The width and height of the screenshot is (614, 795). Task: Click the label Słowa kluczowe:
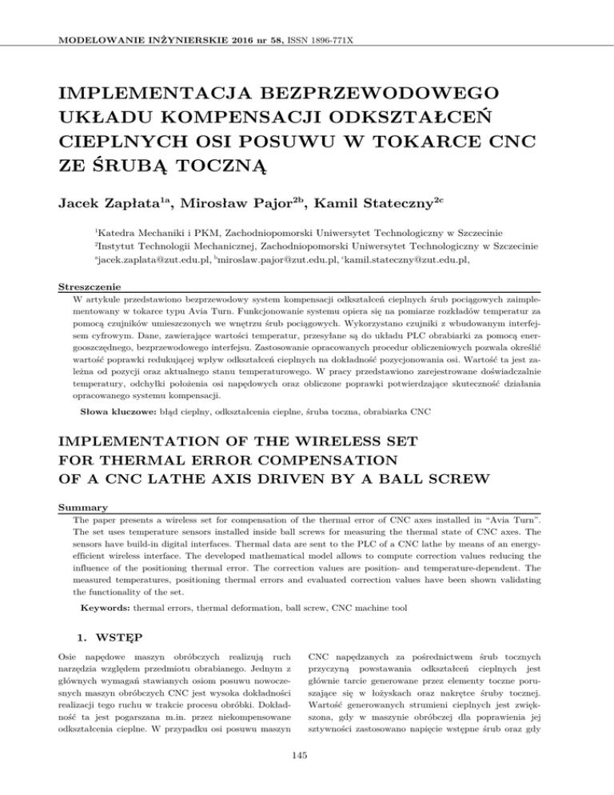(x=117, y=415)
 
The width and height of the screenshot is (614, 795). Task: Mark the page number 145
(x=307, y=773)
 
